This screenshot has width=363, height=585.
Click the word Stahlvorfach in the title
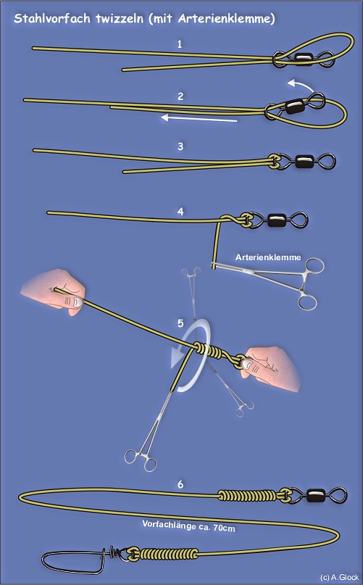tap(52, 18)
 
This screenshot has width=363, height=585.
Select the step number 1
tap(180, 44)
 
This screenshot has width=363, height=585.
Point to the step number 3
tap(180, 146)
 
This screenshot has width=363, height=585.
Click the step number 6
tap(180, 484)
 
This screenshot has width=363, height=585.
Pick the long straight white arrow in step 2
tap(199, 119)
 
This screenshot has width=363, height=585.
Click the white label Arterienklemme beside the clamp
tap(268, 257)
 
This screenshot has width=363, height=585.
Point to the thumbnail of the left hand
tap(77, 302)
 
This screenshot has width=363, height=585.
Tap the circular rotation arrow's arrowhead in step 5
tap(179, 357)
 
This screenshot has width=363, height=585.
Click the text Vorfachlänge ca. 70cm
tap(188, 526)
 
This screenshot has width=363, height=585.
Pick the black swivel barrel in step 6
tap(316, 495)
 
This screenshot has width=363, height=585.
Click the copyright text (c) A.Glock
tap(339, 577)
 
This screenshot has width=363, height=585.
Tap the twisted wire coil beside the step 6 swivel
tap(246, 495)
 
